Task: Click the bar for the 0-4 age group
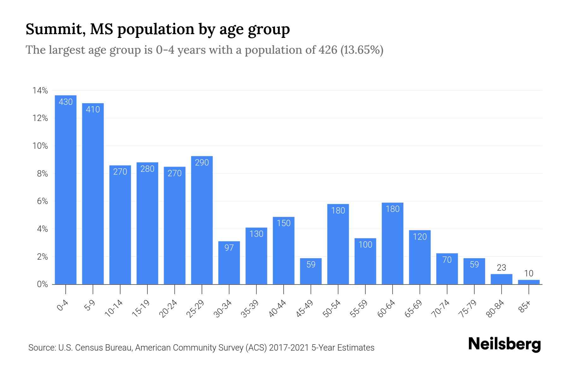click(66, 189)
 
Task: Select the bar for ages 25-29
click(202, 221)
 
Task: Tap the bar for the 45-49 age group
click(311, 272)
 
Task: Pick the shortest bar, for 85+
click(529, 282)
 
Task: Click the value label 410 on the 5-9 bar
click(93, 109)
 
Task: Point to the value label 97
click(229, 248)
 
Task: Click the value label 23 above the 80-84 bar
click(501, 268)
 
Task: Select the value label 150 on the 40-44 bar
click(283, 223)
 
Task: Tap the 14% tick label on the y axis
click(40, 91)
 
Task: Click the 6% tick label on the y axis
click(42, 202)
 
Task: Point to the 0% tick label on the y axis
click(42, 284)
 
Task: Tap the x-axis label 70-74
click(441, 309)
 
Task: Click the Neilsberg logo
click(504, 344)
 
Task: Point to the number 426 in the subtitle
click(328, 50)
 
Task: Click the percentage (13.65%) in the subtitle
click(362, 50)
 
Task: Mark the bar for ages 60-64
click(393, 243)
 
